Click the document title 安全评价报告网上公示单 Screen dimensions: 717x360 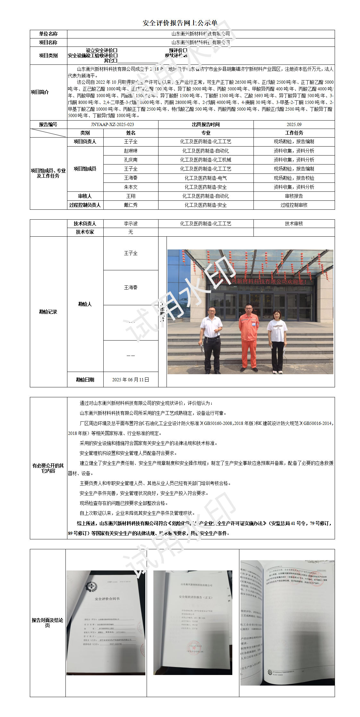point(180,23)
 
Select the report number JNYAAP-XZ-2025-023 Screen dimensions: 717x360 point(112,124)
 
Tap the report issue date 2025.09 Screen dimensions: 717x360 point(294,124)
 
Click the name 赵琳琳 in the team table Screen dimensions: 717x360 point(131,151)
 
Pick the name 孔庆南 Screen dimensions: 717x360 point(131,160)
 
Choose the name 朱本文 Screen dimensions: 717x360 point(131,187)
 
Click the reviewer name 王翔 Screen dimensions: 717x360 point(131,196)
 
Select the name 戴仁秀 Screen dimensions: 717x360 point(131,205)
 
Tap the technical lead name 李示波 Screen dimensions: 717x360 point(131,224)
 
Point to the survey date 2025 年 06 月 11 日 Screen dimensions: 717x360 point(131,380)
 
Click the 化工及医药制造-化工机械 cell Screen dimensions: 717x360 point(206,160)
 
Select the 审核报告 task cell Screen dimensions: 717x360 point(294,196)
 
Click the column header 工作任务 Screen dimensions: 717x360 point(294,133)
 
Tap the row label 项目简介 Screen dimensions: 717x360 point(40,92)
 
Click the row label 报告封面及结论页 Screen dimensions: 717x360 point(47,623)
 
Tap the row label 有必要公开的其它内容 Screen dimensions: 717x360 point(48,468)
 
